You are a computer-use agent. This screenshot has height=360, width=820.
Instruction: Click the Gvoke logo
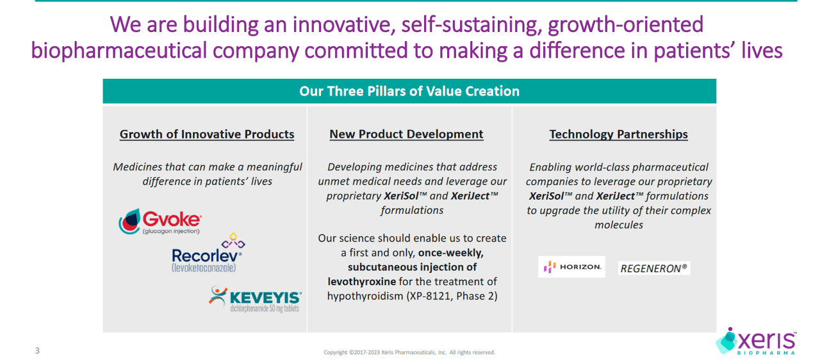(160, 222)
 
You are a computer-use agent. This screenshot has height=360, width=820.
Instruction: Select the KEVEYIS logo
(256, 299)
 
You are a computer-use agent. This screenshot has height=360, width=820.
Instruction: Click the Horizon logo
(571, 267)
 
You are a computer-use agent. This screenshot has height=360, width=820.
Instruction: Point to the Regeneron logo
(654, 268)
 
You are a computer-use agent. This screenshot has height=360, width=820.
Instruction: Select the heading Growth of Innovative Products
(207, 135)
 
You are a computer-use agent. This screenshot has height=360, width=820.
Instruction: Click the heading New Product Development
(406, 135)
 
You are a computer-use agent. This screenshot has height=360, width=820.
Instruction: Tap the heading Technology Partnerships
(618, 135)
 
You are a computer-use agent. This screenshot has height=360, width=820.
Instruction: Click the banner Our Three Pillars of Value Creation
(409, 91)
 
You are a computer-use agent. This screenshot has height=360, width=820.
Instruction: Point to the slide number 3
(37, 350)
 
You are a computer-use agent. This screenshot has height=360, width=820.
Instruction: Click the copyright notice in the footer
(409, 352)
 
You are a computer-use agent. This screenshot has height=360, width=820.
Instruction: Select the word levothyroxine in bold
(361, 281)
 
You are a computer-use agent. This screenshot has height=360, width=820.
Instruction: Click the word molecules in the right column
(618, 225)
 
